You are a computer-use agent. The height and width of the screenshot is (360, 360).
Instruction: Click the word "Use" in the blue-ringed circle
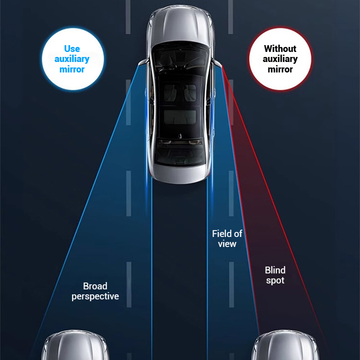(72, 49)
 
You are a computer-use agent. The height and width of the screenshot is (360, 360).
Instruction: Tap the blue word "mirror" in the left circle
(72, 69)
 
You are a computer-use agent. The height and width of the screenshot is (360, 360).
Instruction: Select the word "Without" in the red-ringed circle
(280, 49)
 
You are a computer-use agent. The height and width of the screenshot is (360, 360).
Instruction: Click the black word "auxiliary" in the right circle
(280, 59)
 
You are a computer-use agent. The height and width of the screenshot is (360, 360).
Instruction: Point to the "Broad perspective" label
(95, 291)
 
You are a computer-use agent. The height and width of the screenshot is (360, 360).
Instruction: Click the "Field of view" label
(227, 238)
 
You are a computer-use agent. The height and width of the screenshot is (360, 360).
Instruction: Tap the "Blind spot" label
(275, 275)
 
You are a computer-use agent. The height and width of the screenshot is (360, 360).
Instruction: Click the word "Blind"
(275, 270)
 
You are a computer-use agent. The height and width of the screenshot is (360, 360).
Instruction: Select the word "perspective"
(95, 296)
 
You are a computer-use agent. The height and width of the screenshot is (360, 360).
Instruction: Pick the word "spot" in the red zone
(275, 281)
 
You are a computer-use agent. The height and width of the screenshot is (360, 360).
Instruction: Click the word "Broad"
(95, 286)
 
